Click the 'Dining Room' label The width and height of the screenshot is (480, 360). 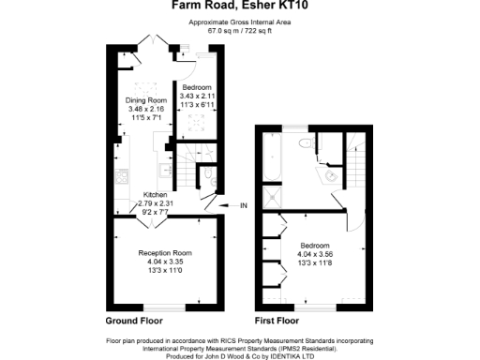[x=145, y=99]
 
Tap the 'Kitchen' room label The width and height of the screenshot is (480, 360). [x=156, y=194]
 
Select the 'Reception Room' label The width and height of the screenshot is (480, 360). [x=165, y=252]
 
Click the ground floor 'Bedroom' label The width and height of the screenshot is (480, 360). [x=198, y=86]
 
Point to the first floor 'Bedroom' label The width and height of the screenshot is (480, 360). [x=315, y=246]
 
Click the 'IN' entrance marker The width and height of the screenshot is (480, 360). [x=243, y=205]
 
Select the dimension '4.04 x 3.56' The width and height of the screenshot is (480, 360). [x=315, y=254]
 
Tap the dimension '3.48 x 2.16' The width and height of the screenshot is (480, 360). [x=145, y=108]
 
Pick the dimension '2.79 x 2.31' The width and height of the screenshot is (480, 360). [x=156, y=202]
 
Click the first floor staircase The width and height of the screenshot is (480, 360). [x=356, y=173]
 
